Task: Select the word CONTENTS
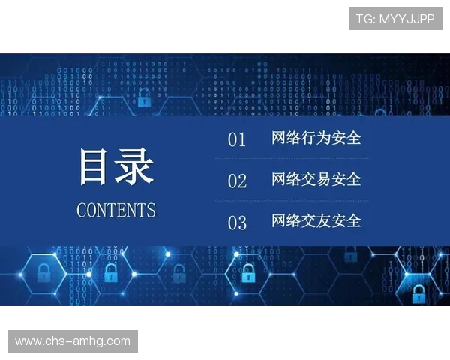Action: click(x=116, y=210)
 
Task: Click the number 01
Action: click(x=237, y=140)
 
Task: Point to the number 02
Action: click(x=237, y=181)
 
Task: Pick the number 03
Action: click(x=237, y=223)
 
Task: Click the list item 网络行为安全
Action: click(x=316, y=139)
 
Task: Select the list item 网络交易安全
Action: click(x=316, y=180)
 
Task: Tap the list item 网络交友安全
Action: click(x=316, y=221)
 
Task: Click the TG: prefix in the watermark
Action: click(x=366, y=19)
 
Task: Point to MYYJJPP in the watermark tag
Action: click(x=406, y=19)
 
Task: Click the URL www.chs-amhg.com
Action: click(x=73, y=341)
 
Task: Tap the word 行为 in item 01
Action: click(x=316, y=139)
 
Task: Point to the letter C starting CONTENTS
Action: click(x=82, y=210)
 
